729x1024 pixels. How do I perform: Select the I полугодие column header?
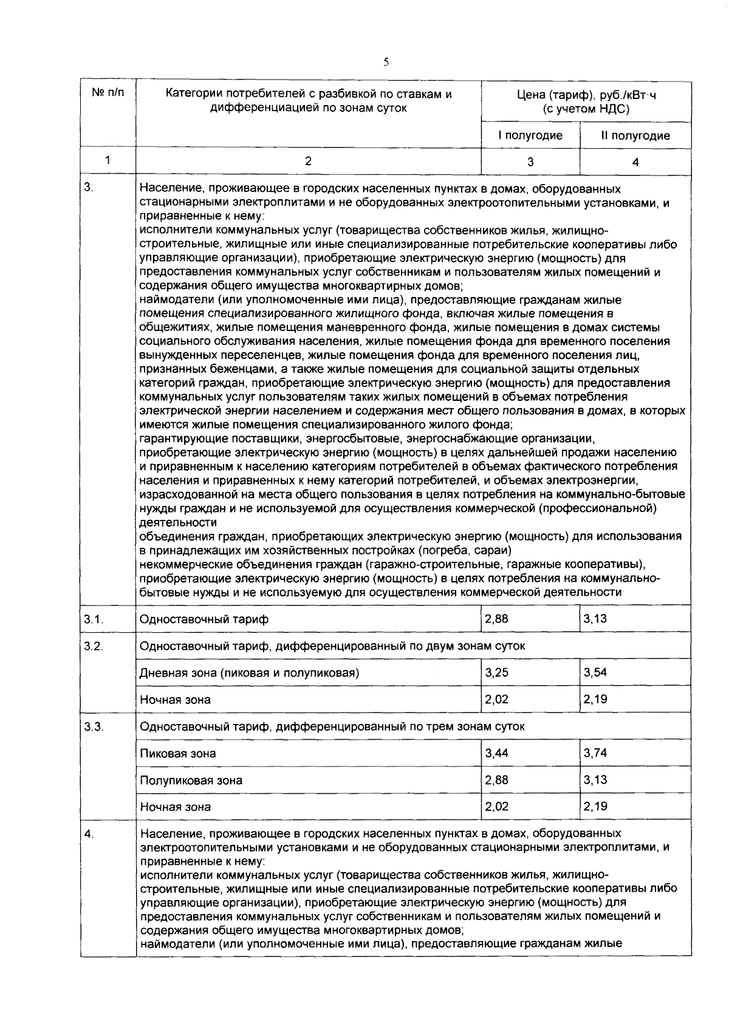(530, 135)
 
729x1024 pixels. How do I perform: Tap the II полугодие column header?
(635, 135)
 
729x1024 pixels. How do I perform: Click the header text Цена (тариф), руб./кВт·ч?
(586, 95)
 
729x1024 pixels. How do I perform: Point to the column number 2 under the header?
(308, 161)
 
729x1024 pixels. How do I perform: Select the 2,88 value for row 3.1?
(496, 619)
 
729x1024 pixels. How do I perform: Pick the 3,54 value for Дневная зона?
(595, 672)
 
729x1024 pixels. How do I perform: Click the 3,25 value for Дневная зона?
(496, 672)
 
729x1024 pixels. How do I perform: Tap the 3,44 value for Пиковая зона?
(496, 753)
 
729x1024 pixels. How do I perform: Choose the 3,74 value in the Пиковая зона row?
(595, 753)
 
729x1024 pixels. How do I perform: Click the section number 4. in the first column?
(89, 834)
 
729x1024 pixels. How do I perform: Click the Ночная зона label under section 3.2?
(175, 700)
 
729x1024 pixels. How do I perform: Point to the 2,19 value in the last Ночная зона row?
(595, 807)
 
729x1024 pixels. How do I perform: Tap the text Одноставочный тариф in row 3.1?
(204, 620)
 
